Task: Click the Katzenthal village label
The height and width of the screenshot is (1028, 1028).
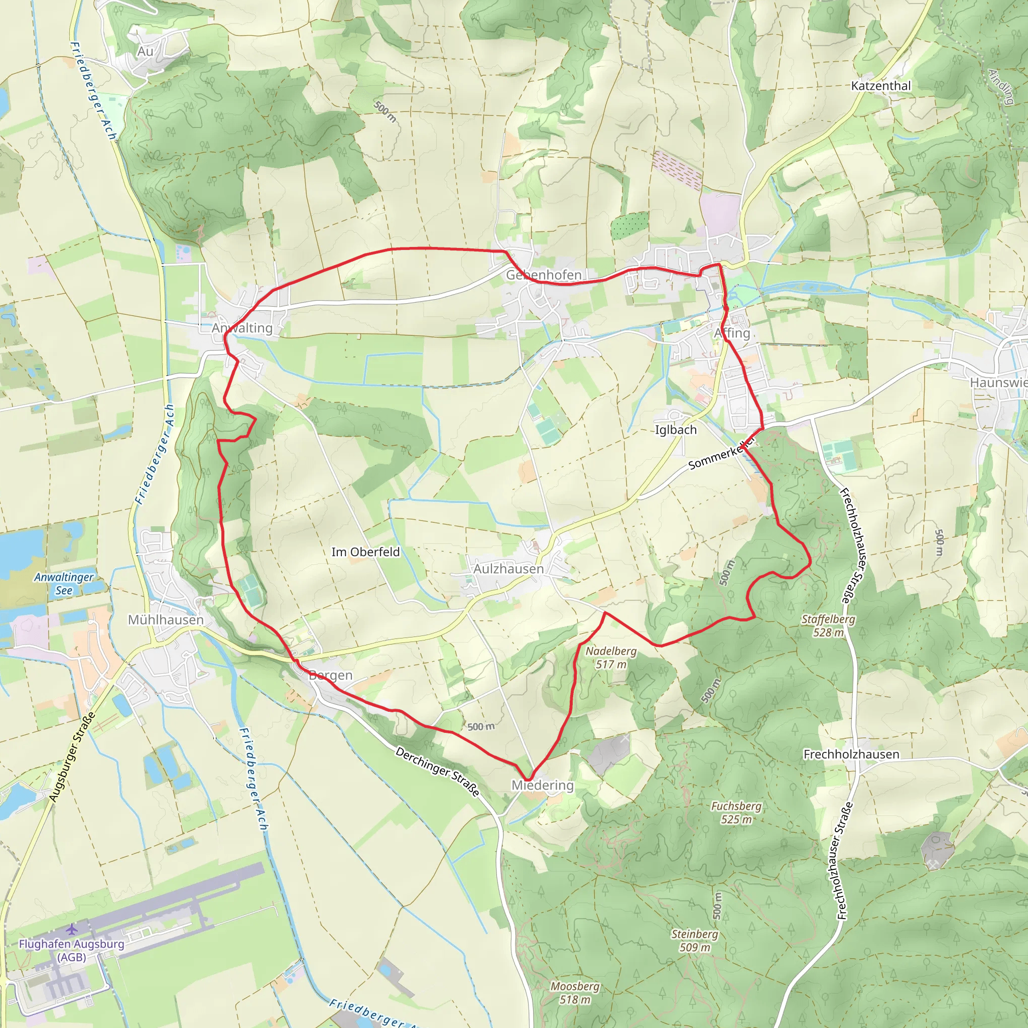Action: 880,86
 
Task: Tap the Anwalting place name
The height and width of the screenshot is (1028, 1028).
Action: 242,328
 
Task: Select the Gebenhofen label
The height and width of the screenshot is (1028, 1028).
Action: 543,275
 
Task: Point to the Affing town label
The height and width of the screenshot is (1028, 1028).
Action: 732,333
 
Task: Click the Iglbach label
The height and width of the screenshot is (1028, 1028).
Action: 675,429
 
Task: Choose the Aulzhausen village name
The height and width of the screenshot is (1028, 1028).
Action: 508,569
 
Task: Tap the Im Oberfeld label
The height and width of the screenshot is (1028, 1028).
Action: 365,552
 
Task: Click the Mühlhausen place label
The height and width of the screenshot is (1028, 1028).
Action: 166,620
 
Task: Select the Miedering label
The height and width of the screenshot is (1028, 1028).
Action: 542,786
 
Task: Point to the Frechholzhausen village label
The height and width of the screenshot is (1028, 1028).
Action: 851,754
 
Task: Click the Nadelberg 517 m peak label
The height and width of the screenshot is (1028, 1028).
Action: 611,657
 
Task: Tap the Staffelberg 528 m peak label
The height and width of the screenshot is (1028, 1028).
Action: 828,625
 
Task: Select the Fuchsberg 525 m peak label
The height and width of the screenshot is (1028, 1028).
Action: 736,813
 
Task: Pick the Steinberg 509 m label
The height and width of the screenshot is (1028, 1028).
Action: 694,940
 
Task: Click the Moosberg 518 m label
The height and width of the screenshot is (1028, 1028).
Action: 575,992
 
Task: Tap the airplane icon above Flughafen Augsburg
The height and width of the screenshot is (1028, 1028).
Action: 72,929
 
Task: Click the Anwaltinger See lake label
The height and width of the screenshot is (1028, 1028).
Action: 64,583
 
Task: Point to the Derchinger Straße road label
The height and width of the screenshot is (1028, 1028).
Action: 437,771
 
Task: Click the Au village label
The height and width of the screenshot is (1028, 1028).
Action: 145,52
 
